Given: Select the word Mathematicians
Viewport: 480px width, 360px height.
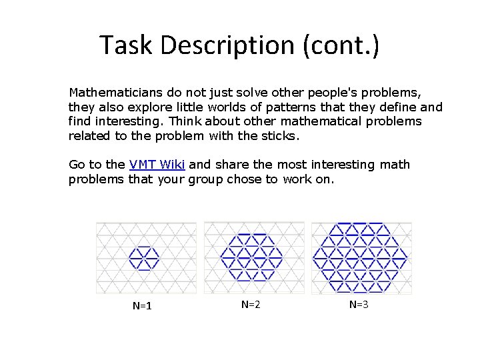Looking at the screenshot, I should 110,91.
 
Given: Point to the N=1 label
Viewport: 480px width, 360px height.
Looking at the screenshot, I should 142,306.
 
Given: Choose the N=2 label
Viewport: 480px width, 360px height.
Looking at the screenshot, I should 250,304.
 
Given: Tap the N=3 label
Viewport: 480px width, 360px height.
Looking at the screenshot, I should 359,304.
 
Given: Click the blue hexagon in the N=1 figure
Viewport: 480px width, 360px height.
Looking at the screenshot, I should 143,257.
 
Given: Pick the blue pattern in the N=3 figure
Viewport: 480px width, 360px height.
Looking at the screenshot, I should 360,257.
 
